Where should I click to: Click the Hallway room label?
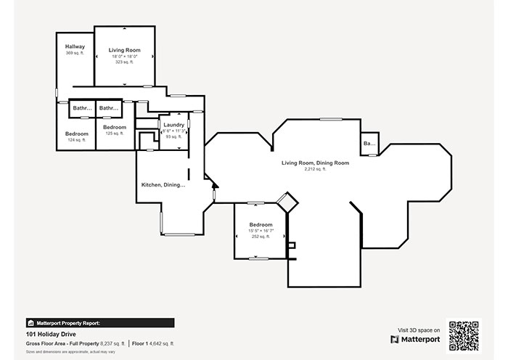click(x=75, y=46)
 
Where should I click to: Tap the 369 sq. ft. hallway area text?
click(x=75, y=53)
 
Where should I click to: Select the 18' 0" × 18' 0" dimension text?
click(x=125, y=56)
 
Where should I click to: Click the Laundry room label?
click(x=173, y=125)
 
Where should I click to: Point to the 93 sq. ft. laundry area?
click(x=173, y=136)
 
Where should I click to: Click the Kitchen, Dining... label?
click(x=163, y=185)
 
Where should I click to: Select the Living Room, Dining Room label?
click(x=315, y=163)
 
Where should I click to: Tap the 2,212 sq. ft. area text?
click(x=315, y=169)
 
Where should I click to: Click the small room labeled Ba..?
click(x=369, y=144)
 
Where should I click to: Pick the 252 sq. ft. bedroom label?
click(x=261, y=237)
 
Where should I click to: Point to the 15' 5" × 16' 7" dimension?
click(x=261, y=231)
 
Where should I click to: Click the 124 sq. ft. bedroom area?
click(x=76, y=140)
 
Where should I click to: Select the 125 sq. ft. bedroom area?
click(x=115, y=134)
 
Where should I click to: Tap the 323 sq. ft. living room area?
click(x=125, y=62)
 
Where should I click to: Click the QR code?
click(x=463, y=335)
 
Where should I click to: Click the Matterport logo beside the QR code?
click(x=415, y=339)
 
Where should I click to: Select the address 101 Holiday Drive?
click(x=50, y=335)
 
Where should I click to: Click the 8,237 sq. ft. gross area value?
click(x=112, y=343)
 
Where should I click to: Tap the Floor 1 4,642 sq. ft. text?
click(x=153, y=343)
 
